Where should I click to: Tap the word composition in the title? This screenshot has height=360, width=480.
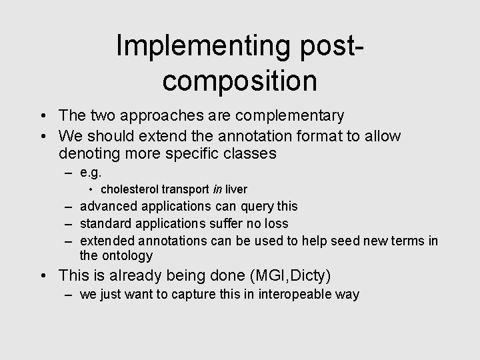coord(239,80)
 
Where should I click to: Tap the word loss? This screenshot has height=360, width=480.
coord(276,223)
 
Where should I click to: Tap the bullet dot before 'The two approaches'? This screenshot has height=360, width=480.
coord(44,117)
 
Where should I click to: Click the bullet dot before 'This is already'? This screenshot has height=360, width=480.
coord(44,276)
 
